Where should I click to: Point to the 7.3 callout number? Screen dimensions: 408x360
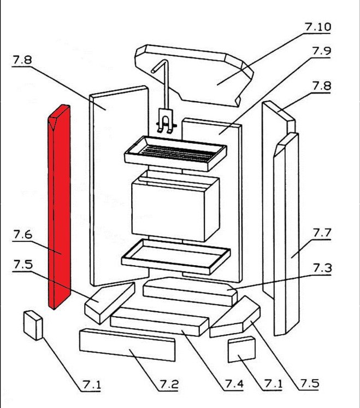(x=322, y=268)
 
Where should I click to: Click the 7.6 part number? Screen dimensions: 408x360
(x=22, y=235)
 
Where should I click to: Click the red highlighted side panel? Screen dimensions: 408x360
(x=60, y=208)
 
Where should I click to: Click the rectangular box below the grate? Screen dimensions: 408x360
(x=175, y=208)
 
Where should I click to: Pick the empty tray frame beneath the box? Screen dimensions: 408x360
(x=175, y=255)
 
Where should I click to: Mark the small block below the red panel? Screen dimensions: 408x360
(x=33, y=325)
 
